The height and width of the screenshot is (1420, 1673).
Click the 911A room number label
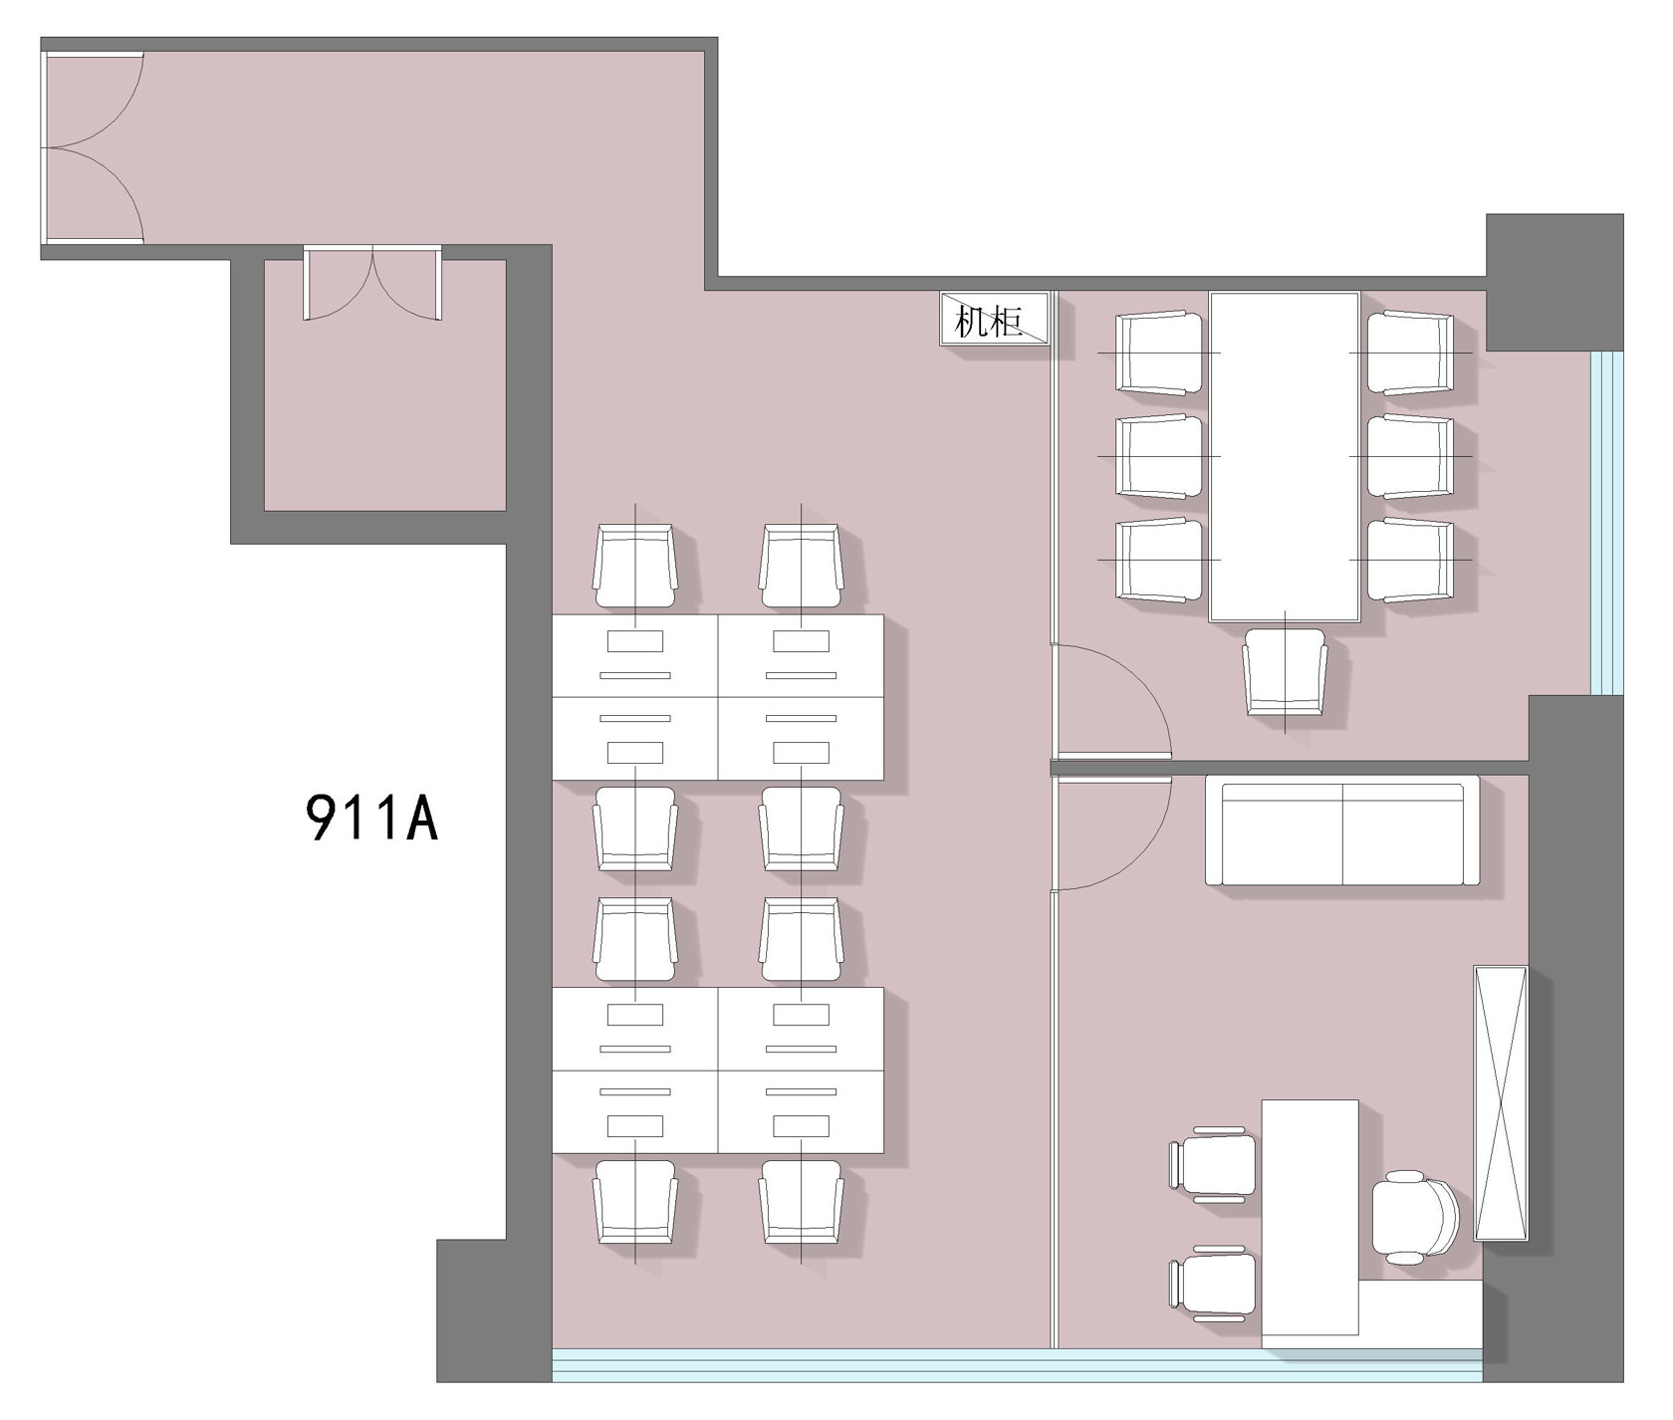click(x=371, y=819)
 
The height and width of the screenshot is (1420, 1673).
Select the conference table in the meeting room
click(x=1285, y=457)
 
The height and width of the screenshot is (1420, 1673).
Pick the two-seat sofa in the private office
click(x=1342, y=834)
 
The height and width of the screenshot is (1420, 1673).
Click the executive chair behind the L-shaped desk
click(x=1415, y=1213)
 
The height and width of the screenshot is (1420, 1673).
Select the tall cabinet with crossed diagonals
click(x=1501, y=1102)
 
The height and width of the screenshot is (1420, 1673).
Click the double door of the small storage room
click(x=372, y=284)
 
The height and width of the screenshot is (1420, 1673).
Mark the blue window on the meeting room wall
click(x=1606, y=522)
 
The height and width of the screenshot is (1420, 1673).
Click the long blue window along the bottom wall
click(x=1017, y=1364)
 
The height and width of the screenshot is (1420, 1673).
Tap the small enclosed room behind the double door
click(x=384, y=385)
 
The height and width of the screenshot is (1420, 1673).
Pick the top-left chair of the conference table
click(x=1160, y=353)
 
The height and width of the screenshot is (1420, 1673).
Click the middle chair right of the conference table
click(x=1410, y=456)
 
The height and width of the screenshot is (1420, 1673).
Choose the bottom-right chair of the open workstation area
click(x=801, y=1201)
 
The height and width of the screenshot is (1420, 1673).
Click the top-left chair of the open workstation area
click(x=635, y=567)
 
